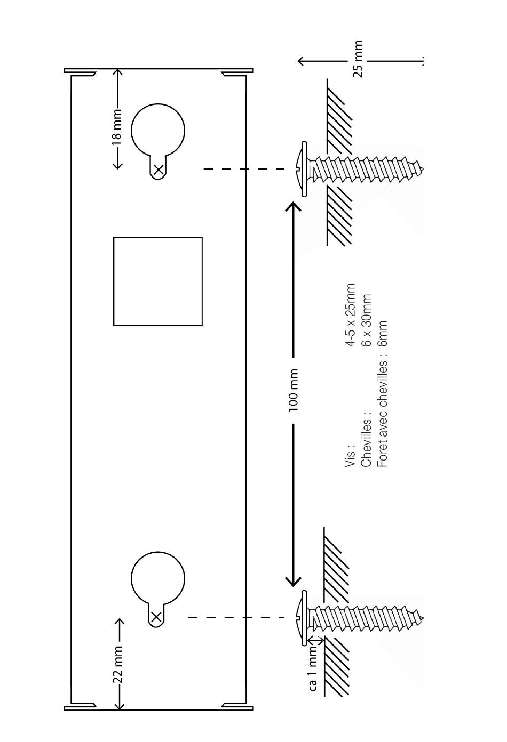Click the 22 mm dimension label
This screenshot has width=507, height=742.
(x=118, y=664)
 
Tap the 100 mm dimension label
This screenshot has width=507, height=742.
(x=294, y=390)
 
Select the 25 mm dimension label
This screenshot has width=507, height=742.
(x=358, y=59)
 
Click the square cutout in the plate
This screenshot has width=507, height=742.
(x=158, y=281)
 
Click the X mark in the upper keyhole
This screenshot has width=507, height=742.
(x=159, y=171)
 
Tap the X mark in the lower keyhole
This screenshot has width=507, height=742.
(x=156, y=617)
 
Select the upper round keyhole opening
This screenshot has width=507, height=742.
(x=158, y=130)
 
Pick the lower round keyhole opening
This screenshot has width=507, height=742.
(x=158, y=578)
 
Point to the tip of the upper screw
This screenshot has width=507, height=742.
(x=421, y=170)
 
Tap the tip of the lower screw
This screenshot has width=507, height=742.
(x=421, y=618)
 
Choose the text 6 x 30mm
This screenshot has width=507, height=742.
(x=366, y=320)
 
